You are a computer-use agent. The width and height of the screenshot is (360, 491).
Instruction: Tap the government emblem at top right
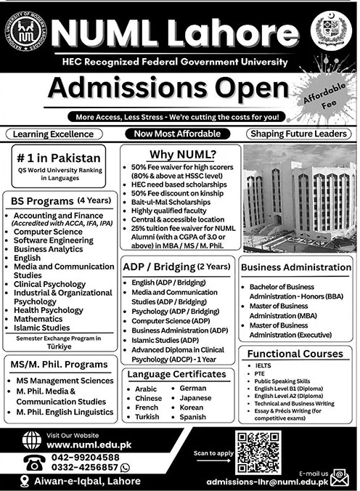[x=333, y=31]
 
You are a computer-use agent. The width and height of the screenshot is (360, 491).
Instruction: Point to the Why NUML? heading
[x=179, y=154]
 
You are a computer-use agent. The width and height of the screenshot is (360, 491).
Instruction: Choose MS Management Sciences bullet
[x=66, y=381]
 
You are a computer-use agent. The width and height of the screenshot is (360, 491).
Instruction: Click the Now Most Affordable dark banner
[x=179, y=134]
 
